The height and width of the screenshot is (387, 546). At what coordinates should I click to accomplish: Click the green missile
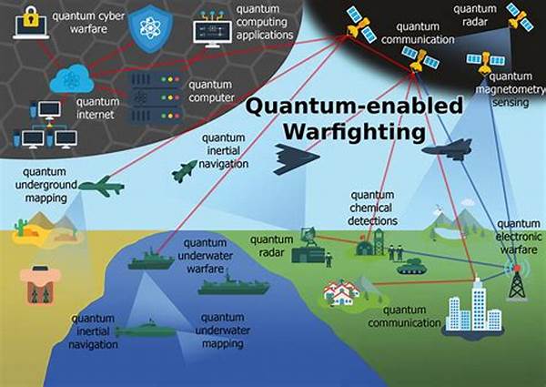click(185, 170)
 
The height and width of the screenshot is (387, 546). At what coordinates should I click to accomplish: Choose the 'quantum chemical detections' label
click(372, 208)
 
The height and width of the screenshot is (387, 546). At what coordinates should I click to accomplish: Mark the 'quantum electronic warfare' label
click(519, 238)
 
